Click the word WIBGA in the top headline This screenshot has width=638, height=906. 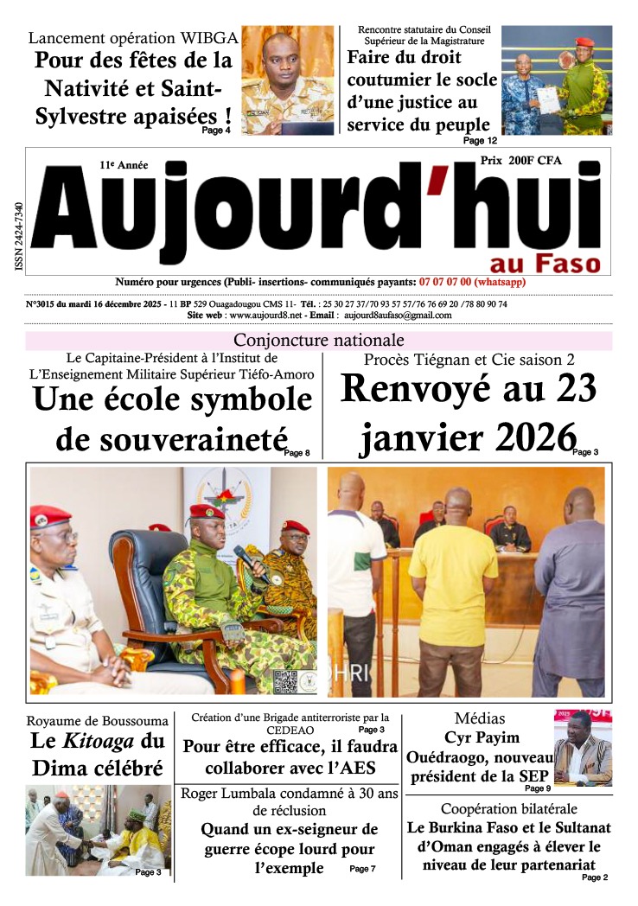[x=207, y=38]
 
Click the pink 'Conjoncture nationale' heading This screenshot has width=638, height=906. [x=319, y=340]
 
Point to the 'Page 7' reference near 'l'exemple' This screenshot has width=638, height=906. [x=362, y=868]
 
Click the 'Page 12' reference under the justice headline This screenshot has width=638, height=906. [x=480, y=140]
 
